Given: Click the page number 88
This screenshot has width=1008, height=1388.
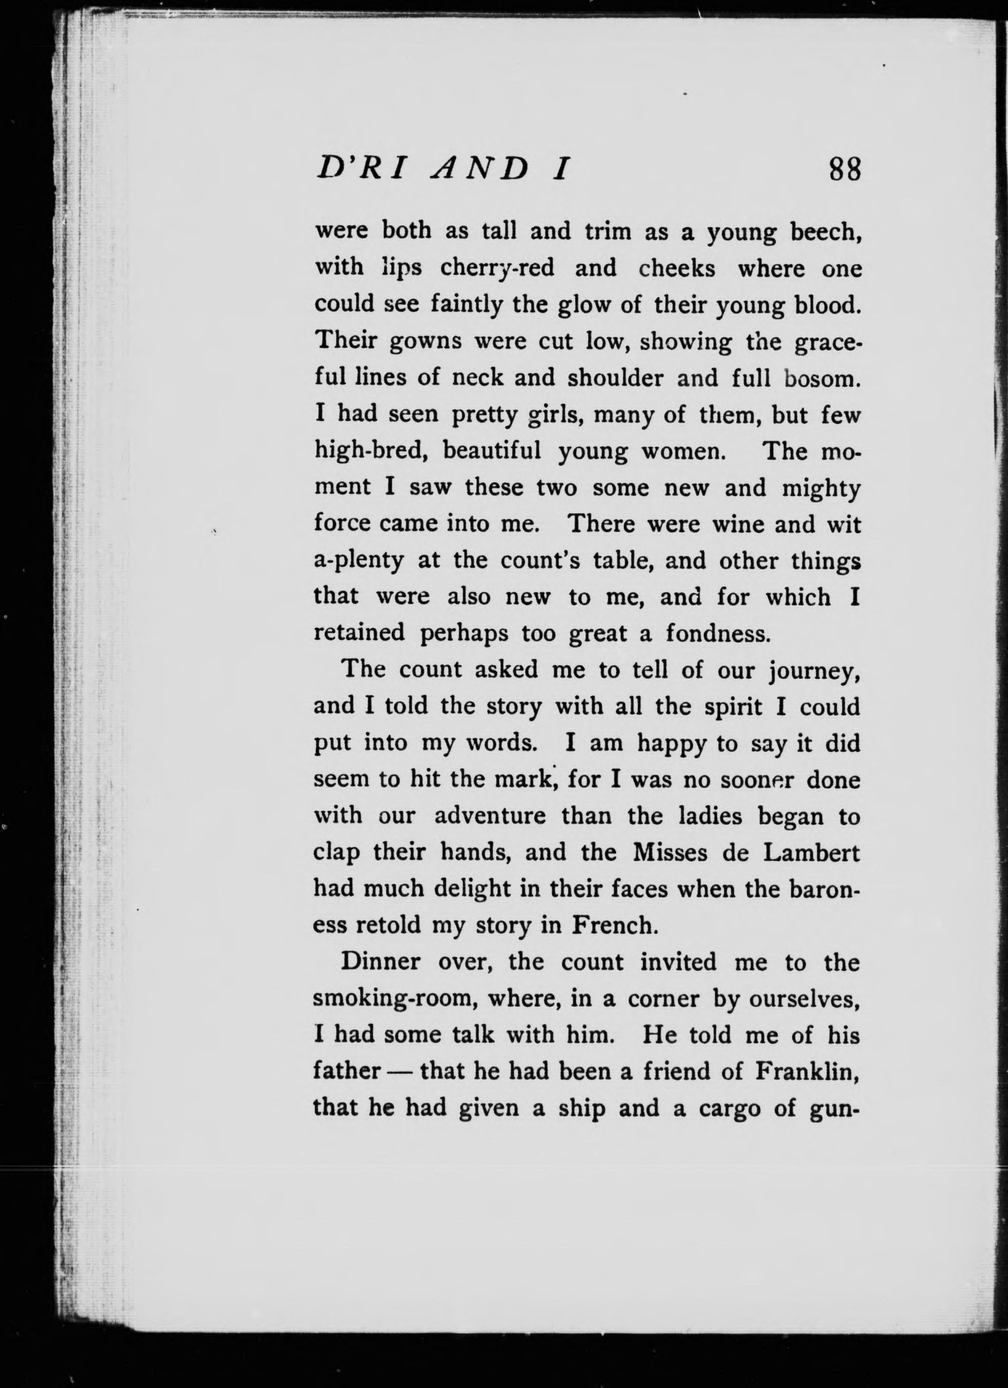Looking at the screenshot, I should [845, 169].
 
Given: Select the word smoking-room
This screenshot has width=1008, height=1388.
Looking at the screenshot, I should [399, 999].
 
